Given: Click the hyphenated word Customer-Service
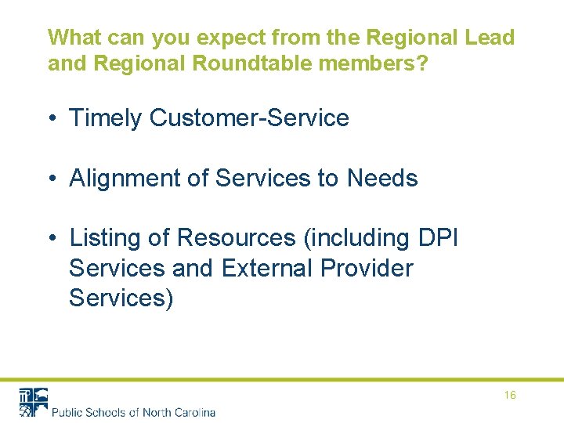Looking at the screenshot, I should tap(249, 118).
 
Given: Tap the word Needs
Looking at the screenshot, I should tap(382, 179).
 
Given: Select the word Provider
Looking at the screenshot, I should tap(367, 268).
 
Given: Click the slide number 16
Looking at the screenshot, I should tap(510, 396).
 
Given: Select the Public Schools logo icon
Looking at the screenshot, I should tap(34, 401).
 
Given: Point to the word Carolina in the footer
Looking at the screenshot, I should tap(193, 412).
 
